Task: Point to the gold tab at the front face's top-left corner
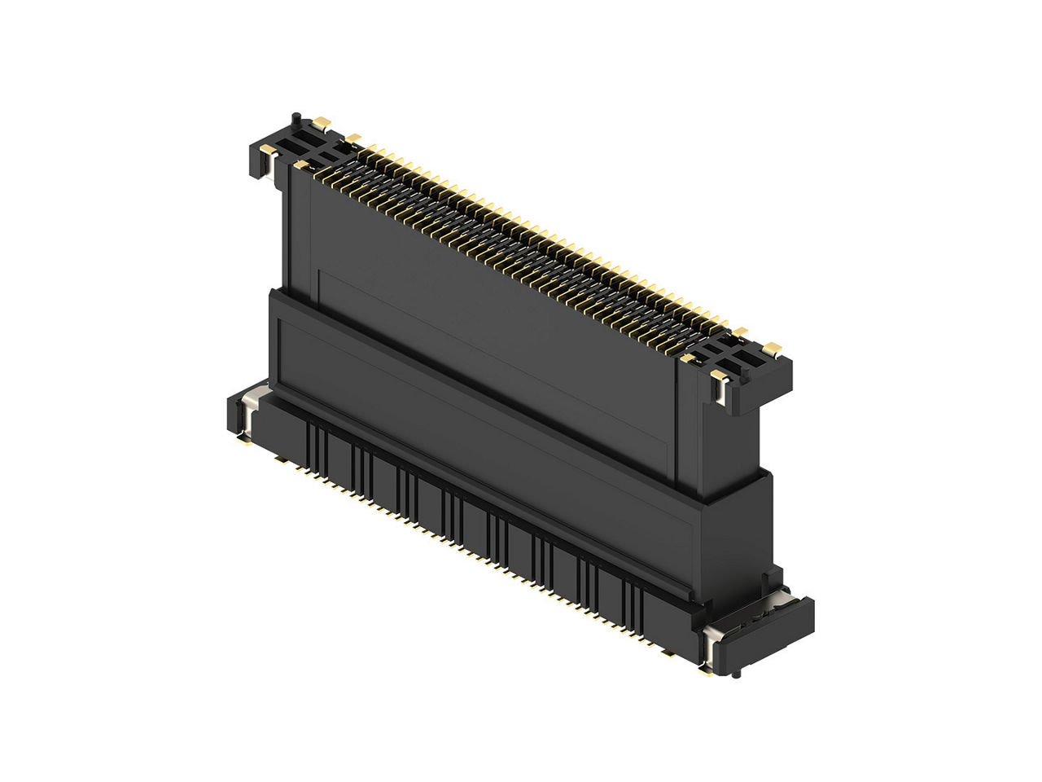303,165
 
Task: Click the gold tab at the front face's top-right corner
689,358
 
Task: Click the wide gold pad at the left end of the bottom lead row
282,460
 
